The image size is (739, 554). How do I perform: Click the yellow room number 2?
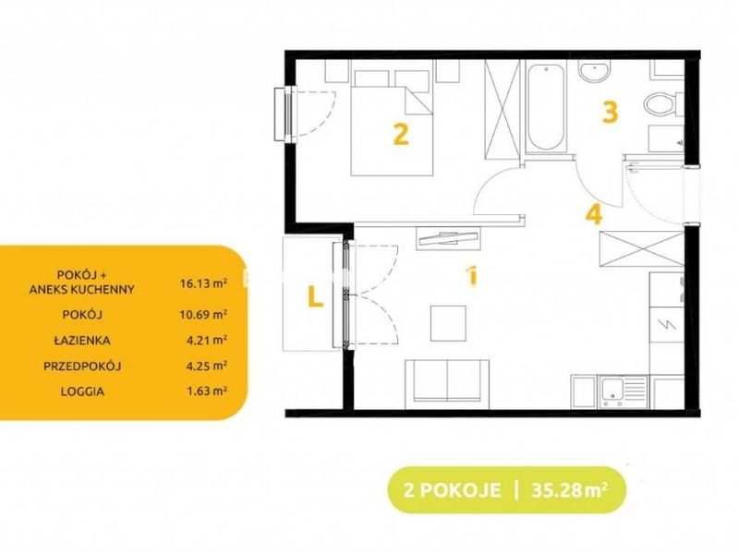[401, 134]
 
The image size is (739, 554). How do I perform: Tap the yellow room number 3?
[611, 112]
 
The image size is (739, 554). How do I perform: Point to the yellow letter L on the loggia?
[315, 296]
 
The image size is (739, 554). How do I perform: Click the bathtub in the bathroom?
[546, 107]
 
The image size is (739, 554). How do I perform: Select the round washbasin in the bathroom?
[595, 72]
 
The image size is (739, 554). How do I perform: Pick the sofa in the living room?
[447, 382]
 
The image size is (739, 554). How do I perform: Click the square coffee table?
[448, 323]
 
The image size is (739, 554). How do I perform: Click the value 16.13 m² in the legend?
[203, 283]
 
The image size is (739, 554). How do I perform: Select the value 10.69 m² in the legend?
[203, 314]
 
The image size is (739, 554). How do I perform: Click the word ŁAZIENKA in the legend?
[82, 340]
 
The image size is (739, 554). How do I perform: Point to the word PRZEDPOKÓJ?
[82, 365]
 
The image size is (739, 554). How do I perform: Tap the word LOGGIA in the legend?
[82, 391]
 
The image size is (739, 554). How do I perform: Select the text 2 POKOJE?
[452, 490]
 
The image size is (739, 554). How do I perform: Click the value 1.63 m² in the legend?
[206, 391]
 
